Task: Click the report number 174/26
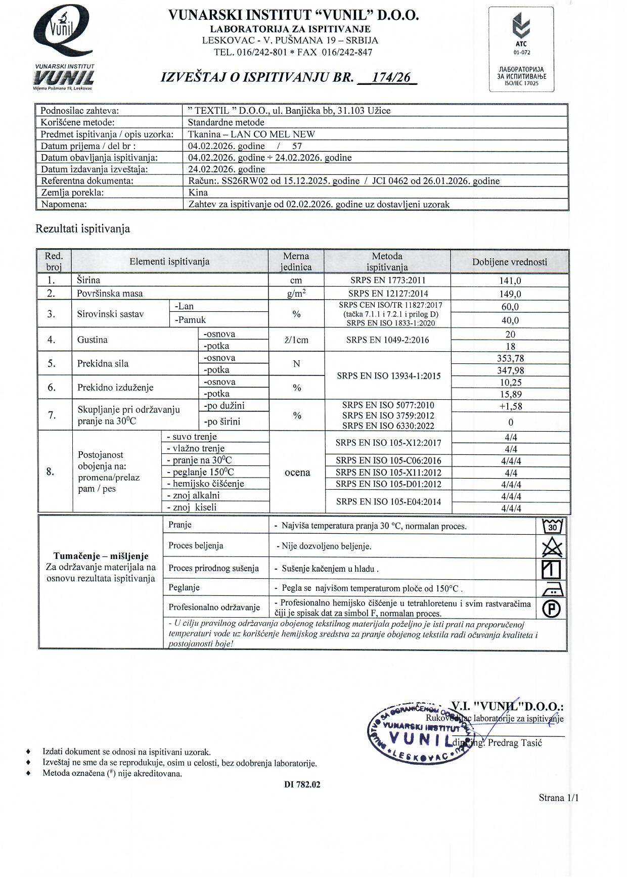point(390,77)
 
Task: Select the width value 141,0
point(510,281)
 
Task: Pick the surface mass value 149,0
point(510,294)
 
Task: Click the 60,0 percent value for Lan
point(510,307)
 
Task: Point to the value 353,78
point(510,358)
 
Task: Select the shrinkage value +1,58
point(510,406)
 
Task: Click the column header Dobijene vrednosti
point(510,262)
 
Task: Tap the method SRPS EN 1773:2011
point(388,281)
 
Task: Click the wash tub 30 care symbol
point(552,526)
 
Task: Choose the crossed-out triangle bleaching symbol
point(552,547)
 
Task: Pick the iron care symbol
point(552,588)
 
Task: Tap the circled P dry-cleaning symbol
point(552,609)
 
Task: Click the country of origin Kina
point(198,193)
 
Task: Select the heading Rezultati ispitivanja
point(82,229)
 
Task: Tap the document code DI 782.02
point(302,784)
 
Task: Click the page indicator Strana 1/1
point(558,798)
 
